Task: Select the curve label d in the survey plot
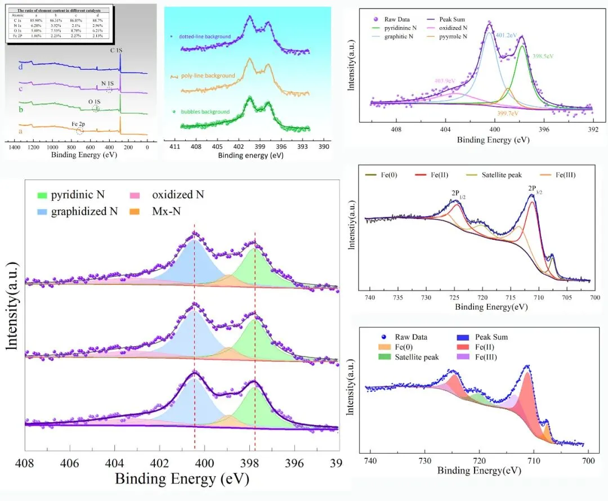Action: pos(20,66)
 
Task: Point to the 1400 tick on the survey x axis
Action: pos(15,147)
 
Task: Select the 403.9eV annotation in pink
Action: pos(445,80)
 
